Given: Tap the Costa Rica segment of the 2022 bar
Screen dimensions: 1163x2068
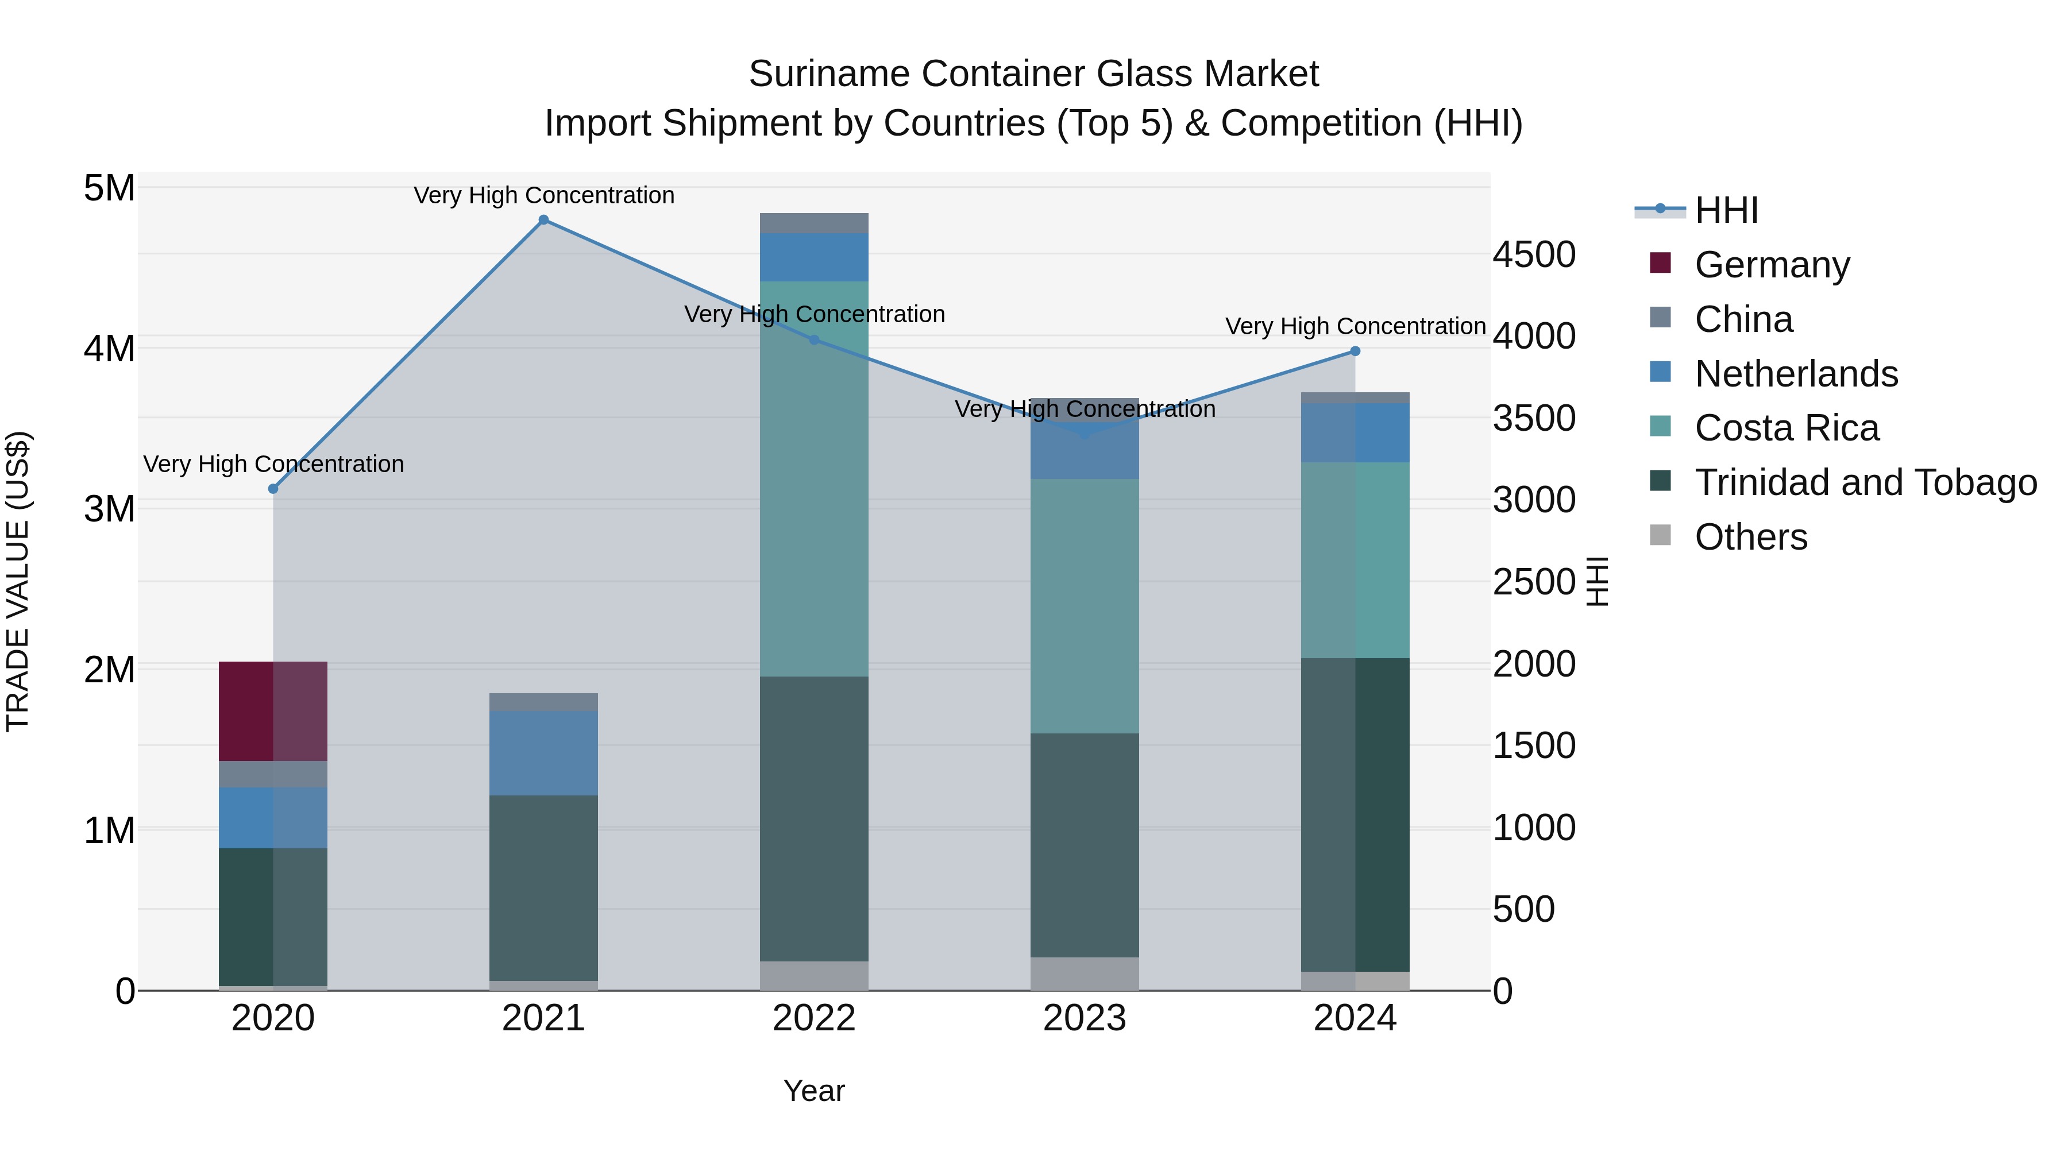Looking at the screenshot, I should point(814,478).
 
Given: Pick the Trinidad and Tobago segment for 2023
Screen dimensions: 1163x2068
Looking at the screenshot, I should point(1085,844).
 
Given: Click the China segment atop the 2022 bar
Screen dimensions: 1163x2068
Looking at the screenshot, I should point(814,223).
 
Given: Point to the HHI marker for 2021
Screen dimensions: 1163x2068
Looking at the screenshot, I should point(543,220).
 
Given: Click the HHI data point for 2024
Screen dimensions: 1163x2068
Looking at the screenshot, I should point(1355,351).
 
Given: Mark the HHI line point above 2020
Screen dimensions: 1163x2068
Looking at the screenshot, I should point(273,489).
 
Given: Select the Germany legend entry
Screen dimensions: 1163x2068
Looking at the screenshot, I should point(1772,264).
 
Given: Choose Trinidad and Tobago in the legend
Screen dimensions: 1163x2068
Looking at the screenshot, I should point(1865,482).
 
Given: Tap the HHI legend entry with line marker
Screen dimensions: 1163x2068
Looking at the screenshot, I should point(1726,210).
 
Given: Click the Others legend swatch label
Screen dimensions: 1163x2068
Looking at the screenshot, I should point(1750,537).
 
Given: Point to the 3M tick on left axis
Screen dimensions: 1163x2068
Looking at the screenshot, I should point(109,509).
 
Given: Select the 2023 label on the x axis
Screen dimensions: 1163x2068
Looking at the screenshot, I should point(1085,1018).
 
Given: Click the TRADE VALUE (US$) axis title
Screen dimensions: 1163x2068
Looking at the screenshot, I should point(18,581).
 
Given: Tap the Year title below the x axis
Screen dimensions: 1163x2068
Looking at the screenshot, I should point(814,1091).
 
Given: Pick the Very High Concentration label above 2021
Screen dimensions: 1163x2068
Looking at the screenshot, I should point(543,195).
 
